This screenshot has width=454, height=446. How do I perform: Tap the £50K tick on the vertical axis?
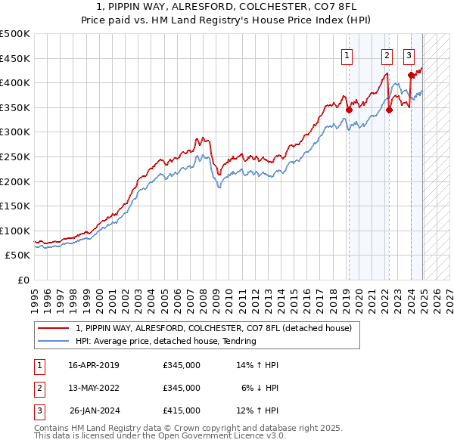point(17,255)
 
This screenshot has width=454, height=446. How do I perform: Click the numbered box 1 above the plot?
point(347,54)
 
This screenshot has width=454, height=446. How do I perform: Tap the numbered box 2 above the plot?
point(387,54)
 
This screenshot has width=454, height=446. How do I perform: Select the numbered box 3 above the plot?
point(409,54)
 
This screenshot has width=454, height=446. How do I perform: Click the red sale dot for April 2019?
point(349,110)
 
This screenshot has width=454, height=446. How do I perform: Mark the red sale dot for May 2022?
point(389,110)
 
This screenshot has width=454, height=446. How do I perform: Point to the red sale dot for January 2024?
point(411,75)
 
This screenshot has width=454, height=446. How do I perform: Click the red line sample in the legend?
point(53,329)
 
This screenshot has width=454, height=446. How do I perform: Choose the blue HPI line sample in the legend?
point(53,341)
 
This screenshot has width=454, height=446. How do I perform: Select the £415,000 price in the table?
point(181,410)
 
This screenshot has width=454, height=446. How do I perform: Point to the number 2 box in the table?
point(37,388)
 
